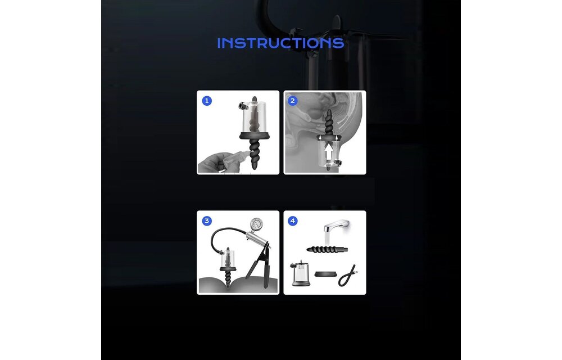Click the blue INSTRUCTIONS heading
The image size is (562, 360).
(x=280, y=43)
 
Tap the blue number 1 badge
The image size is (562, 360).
(x=207, y=101)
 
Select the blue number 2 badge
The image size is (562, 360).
(x=292, y=101)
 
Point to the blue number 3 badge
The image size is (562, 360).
(x=207, y=221)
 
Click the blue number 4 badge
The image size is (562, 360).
(x=292, y=221)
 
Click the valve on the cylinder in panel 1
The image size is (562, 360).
(x=243, y=105)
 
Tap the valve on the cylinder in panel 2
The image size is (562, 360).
(x=337, y=163)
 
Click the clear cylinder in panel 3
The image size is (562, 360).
(x=228, y=258)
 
